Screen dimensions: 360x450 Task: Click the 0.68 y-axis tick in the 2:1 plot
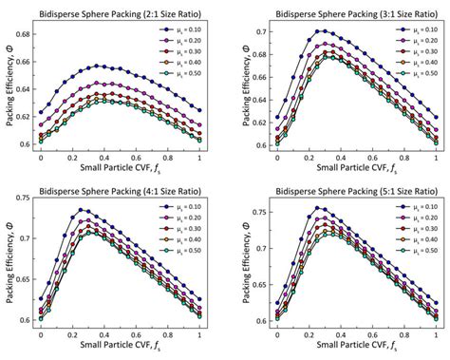point(26,33)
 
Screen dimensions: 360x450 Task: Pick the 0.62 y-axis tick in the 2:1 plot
point(26,116)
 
